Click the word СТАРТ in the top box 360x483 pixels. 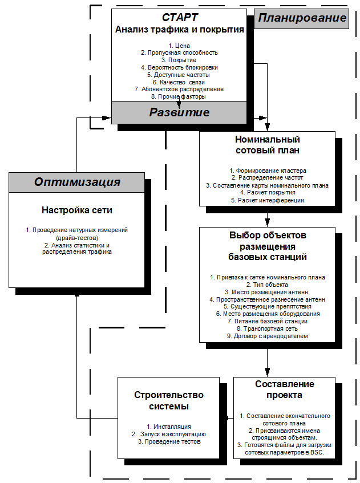coord(179,18)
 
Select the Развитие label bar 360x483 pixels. coord(179,112)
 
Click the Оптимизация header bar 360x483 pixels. coord(77,182)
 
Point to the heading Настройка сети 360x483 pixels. coord(77,210)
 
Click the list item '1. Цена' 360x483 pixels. coord(179,45)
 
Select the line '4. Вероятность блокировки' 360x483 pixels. coord(179,67)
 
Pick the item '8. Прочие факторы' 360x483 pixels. coord(179,96)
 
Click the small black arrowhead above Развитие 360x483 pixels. coord(179,105)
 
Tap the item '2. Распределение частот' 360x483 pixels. coord(267,178)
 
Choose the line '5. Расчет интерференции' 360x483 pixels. coord(267,200)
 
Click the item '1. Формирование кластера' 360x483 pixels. coord(268,171)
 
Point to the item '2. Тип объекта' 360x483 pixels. coord(267,284)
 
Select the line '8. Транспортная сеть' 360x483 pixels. coord(267,328)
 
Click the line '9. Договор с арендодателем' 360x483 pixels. coord(267,336)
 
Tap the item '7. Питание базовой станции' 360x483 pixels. coord(267,321)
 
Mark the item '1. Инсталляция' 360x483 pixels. coord(168,427)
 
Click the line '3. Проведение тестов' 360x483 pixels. coord(168,441)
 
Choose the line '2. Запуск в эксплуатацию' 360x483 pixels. coord(168,434)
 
